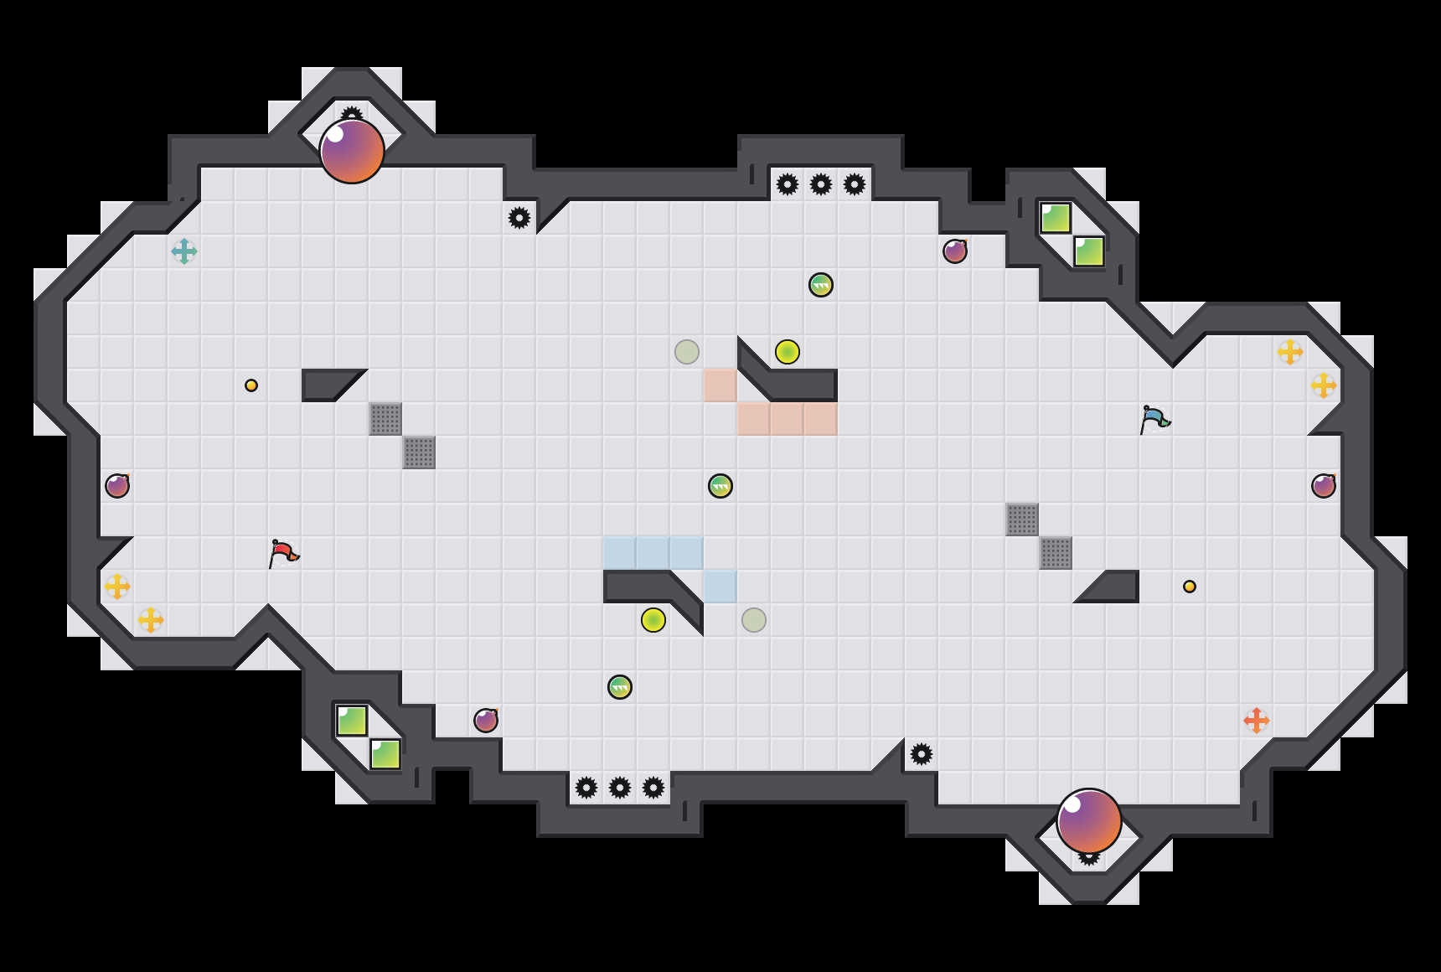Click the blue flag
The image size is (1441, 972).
point(1154,418)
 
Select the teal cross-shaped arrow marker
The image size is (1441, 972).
point(184,251)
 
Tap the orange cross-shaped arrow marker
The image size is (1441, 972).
point(1257,721)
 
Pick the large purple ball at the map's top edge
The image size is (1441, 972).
point(352,151)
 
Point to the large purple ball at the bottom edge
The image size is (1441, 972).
point(1089,821)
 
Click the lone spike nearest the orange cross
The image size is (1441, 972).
point(922,754)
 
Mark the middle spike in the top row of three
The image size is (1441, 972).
point(821,184)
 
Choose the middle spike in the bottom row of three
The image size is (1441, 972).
point(620,788)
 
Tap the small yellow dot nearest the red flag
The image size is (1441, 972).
point(251,385)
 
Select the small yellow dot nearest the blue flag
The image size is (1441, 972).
point(1190,587)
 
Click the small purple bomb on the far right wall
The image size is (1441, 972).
point(1324,486)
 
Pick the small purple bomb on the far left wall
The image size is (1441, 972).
point(117,486)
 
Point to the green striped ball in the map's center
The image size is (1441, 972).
point(720,486)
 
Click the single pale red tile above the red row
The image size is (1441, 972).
point(720,385)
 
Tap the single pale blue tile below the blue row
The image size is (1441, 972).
point(720,587)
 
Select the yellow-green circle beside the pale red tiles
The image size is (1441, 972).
point(788,352)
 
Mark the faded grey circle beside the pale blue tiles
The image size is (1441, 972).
point(754,620)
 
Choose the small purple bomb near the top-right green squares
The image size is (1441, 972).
point(955,251)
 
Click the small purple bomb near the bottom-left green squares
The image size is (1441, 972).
point(486,721)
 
